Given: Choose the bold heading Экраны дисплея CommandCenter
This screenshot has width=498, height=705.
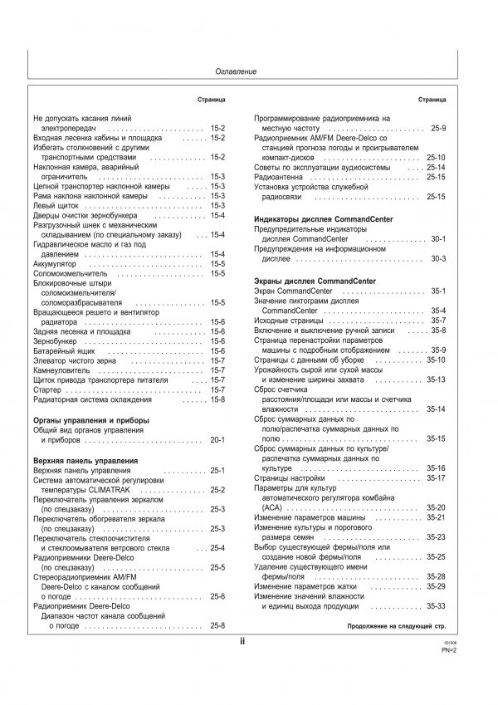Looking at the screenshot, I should pyautogui.click(x=314, y=282).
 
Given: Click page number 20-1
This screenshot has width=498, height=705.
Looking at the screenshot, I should pyautogui.click(x=218, y=439).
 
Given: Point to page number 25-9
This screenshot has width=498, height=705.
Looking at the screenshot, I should pyautogui.click(x=438, y=128).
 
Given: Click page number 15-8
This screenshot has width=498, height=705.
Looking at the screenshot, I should pyautogui.click(x=218, y=399).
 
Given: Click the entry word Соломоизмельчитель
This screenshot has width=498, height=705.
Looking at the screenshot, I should pyautogui.click(x=71, y=273).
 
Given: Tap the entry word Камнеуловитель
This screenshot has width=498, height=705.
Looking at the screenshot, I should pyautogui.click(x=64, y=370).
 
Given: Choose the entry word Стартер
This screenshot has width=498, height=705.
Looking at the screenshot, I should pyautogui.click(x=47, y=389).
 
